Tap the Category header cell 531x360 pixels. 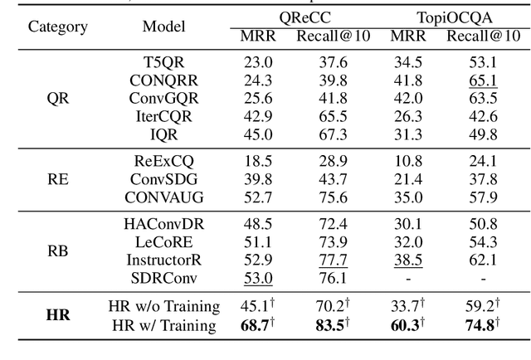tap(58, 27)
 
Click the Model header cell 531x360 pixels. tap(163, 27)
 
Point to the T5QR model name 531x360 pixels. tap(163, 61)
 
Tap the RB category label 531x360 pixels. tap(58, 250)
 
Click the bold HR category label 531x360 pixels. tap(58, 314)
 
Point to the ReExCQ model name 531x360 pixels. tap(163, 160)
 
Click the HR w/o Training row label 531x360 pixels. tap(163, 306)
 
